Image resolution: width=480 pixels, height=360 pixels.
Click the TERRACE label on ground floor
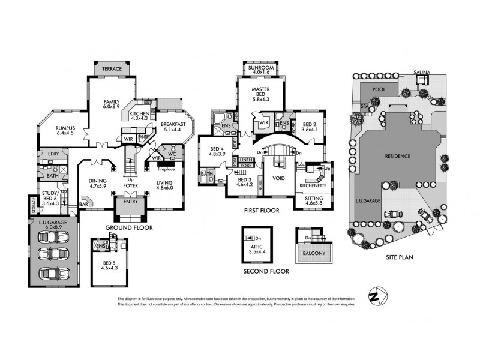pos(112,69)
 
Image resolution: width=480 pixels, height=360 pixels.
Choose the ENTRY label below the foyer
pos(130,202)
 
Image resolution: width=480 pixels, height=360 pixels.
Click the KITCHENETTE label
pos(314,185)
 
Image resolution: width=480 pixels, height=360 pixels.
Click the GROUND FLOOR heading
pos(128,228)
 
